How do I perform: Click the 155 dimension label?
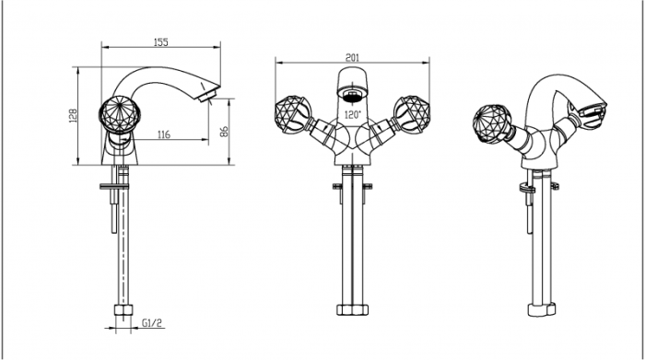pyautogui.click(x=161, y=42)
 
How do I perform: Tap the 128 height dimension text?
pyautogui.click(x=73, y=116)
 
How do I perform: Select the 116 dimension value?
pyautogui.click(x=164, y=134)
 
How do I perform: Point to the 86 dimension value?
pyautogui.click(x=224, y=132)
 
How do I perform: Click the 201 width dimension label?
pyautogui.click(x=352, y=57)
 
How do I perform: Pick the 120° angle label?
pyautogui.click(x=352, y=115)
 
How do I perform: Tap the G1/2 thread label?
pyautogui.click(x=152, y=323)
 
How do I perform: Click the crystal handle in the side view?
pyautogui.click(x=120, y=114)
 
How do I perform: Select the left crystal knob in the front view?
pyautogui.click(x=291, y=114)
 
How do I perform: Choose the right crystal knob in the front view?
pyautogui.click(x=413, y=114)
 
